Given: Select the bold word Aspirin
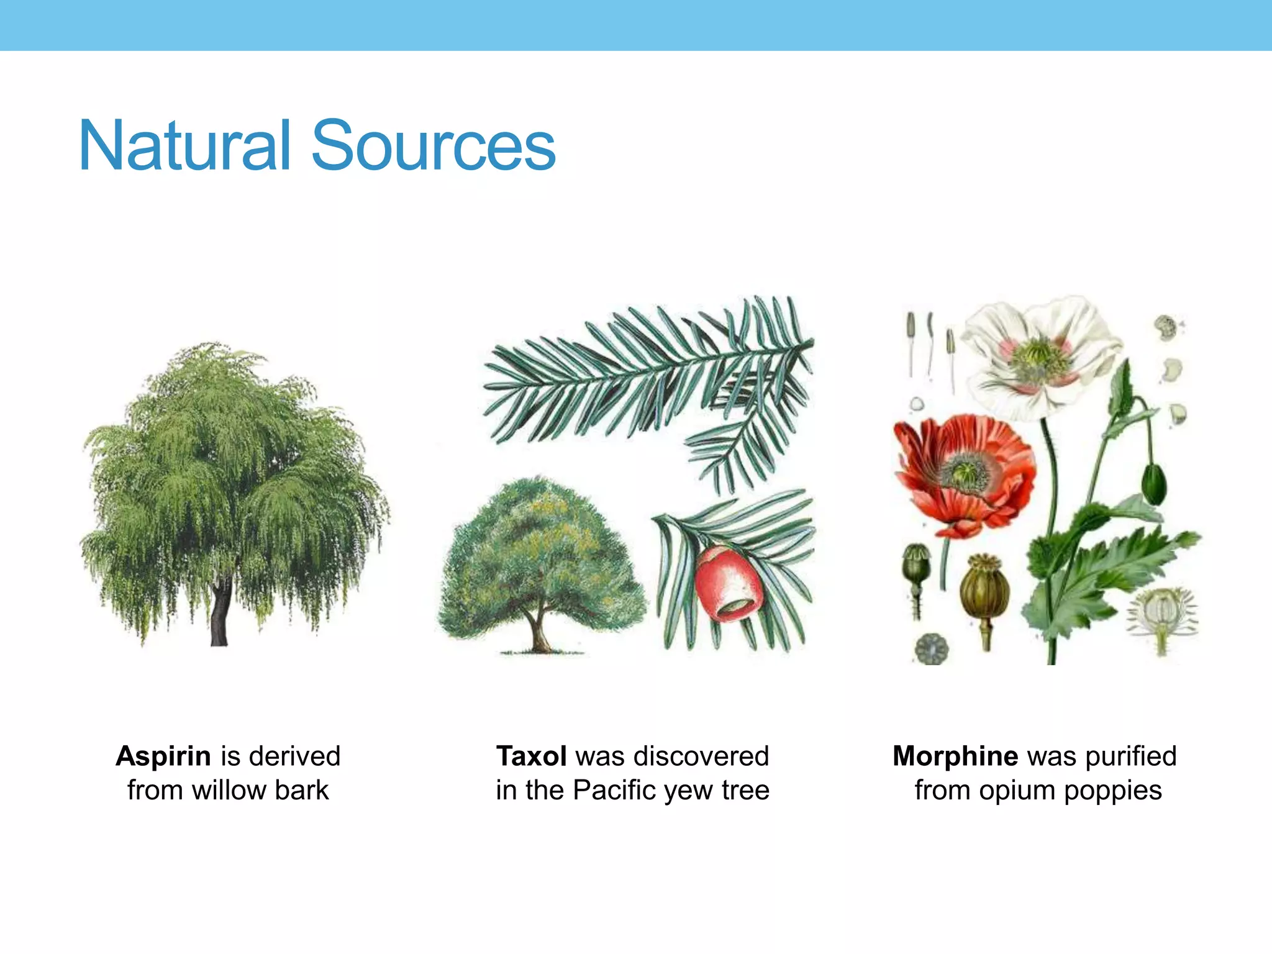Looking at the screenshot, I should (163, 756).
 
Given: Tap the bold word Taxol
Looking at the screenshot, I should (531, 756).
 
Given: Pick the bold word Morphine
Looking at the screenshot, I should (955, 756).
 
